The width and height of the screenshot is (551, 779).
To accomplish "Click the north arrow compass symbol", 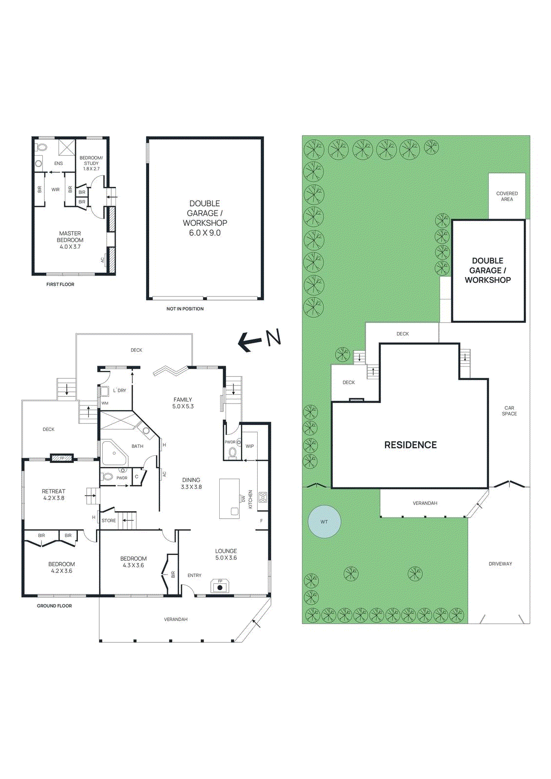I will pyautogui.click(x=259, y=340).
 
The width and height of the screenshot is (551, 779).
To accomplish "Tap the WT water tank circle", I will pyautogui.click(x=324, y=521).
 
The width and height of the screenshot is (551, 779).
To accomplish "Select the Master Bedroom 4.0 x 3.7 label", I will pyautogui.click(x=70, y=240).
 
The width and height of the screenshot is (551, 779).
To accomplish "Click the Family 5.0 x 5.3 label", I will pyautogui.click(x=183, y=403).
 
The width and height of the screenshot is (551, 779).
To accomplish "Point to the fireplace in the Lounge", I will pyautogui.click(x=220, y=586).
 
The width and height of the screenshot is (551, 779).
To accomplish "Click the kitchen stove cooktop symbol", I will pyautogui.click(x=263, y=497).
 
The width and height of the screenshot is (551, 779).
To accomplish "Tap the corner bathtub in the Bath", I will pyautogui.click(x=114, y=453).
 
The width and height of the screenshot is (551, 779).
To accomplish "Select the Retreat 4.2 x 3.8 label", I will pyautogui.click(x=54, y=495).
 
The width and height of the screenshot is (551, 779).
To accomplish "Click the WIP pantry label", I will pyautogui.click(x=249, y=446).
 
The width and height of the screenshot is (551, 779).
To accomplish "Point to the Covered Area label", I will pyautogui.click(x=507, y=196).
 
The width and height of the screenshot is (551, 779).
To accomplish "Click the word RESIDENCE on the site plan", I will pyautogui.click(x=410, y=445).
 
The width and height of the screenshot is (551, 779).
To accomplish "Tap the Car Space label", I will pyautogui.click(x=509, y=411).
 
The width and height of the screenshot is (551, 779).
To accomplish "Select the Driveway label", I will pyautogui.click(x=500, y=564).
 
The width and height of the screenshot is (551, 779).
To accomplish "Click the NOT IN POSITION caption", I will pyautogui.click(x=185, y=309).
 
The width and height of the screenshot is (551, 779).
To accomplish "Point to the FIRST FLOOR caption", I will pyautogui.click(x=60, y=284).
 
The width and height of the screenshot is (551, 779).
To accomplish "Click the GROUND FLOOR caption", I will pyautogui.click(x=55, y=606).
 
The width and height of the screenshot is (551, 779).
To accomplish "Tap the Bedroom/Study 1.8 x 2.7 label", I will pyautogui.click(x=91, y=163).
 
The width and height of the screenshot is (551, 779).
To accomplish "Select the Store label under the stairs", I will pyautogui.click(x=109, y=520).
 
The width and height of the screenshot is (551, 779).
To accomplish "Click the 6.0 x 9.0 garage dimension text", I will pyautogui.click(x=205, y=233).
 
